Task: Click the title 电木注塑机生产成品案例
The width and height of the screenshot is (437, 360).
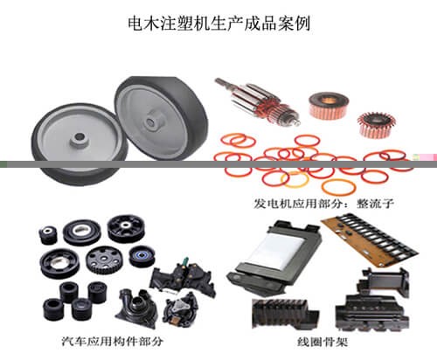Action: [x=219, y=24]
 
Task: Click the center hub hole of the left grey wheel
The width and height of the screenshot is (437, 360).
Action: [x=79, y=136]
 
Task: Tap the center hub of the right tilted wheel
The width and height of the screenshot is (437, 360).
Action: [x=151, y=121]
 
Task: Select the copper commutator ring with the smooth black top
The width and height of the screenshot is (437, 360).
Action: [x=329, y=106]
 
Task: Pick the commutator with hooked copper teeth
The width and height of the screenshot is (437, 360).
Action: [x=377, y=125]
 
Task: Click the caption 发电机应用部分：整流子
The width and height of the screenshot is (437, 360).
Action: [x=323, y=203]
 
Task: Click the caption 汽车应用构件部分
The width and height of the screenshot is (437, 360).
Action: [x=113, y=341]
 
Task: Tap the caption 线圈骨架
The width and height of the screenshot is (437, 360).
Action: [x=323, y=342]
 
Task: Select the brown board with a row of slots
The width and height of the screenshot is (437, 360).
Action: [x=370, y=239]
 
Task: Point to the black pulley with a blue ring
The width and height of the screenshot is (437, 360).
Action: [x=142, y=256]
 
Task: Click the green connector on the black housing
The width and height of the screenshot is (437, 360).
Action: [x=184, y=260]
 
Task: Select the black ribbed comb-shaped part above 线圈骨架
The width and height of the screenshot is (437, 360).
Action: [x=285, y=314]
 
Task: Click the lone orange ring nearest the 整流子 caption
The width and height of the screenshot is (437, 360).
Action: [x=338, y=187]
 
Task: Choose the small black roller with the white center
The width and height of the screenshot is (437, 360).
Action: [x=47, y=234]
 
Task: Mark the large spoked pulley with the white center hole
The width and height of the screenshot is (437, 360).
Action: [x=126, y=229]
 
